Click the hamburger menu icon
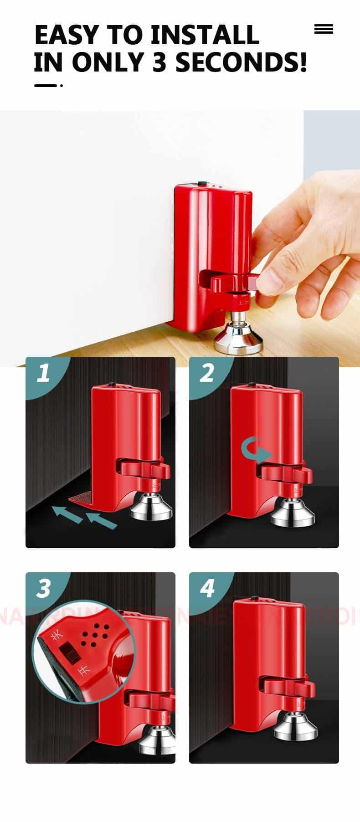coord(324,30)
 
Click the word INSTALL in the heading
coord(205,36)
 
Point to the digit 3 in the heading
coord(159,63)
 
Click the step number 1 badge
coord(43,373)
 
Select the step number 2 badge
coord(207,373)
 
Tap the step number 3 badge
coord(43,588)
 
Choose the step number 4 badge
coord(207,588)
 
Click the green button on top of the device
coord(201,184)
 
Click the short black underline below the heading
coord(46,85)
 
